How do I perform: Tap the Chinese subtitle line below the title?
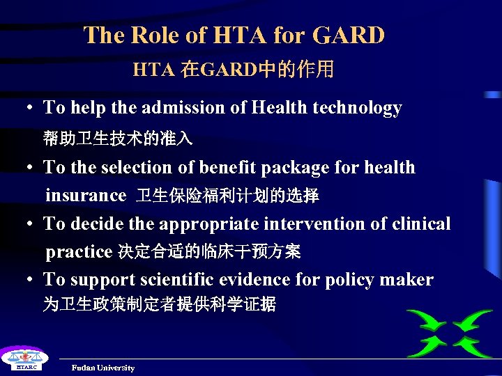[234, 69]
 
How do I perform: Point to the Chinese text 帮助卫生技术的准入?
[118, 138]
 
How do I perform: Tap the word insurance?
[86, 196]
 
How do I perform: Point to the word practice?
[79, 251]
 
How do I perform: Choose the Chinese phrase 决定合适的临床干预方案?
[209, 251]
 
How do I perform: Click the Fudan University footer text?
[103, 368]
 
